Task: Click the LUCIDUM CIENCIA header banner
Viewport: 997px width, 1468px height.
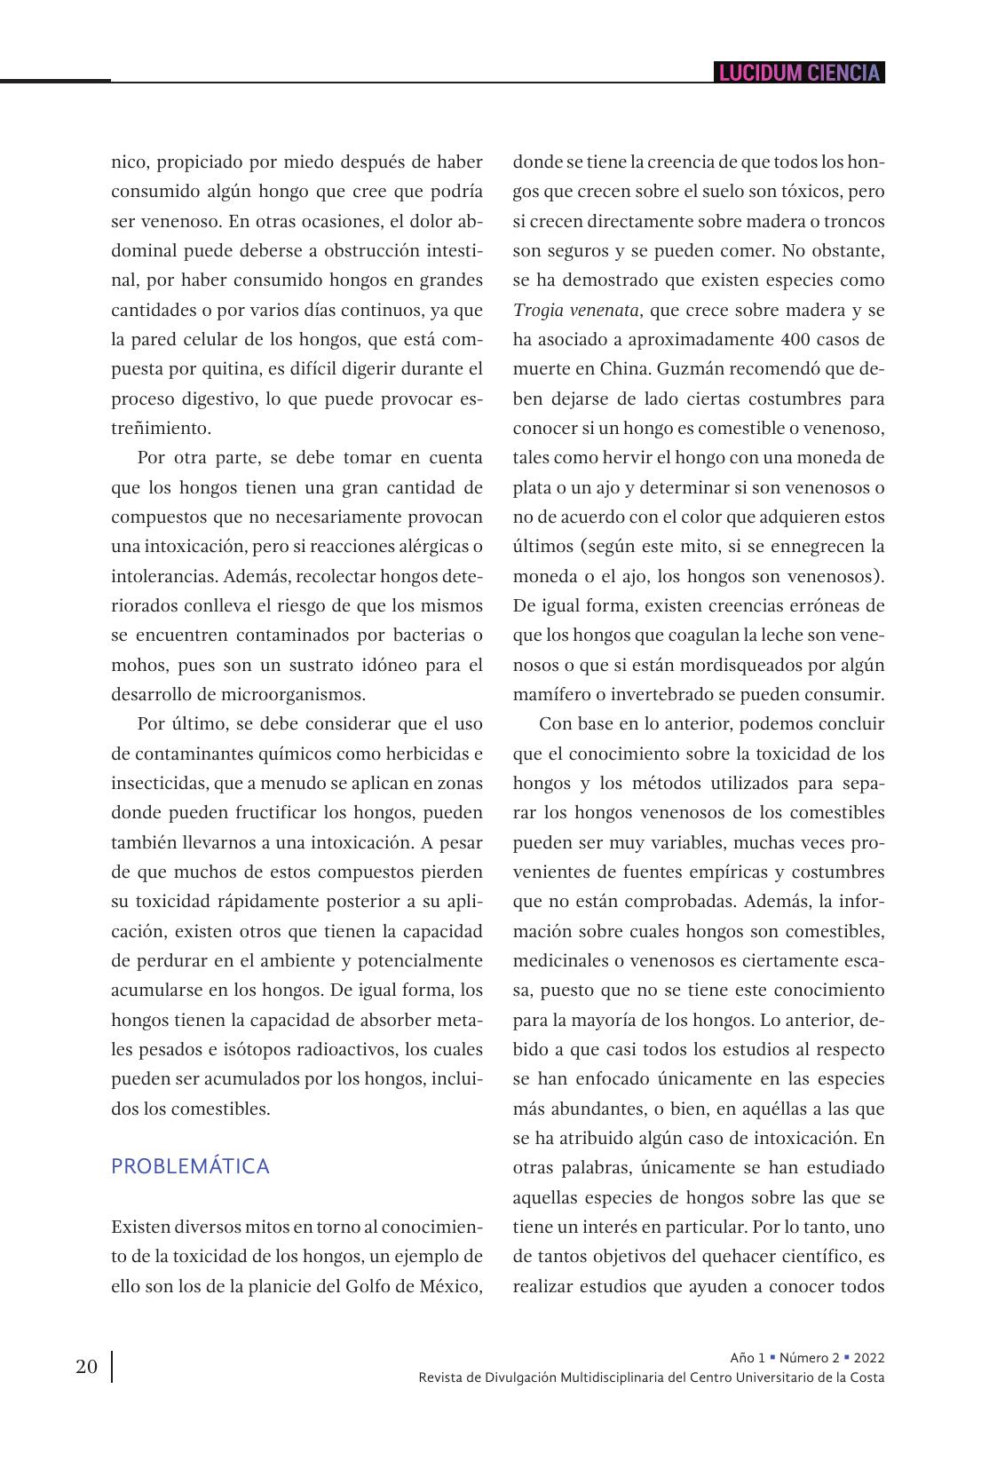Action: tap(799, 73)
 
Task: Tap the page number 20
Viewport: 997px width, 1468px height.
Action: tap(86, 1366)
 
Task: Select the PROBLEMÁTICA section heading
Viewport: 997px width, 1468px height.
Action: tap(190, 1166)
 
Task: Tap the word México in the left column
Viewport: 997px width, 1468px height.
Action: tap(450, 1286)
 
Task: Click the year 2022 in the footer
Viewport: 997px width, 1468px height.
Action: tap(868, 1357)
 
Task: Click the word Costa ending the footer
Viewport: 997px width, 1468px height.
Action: tap(867, 1377)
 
